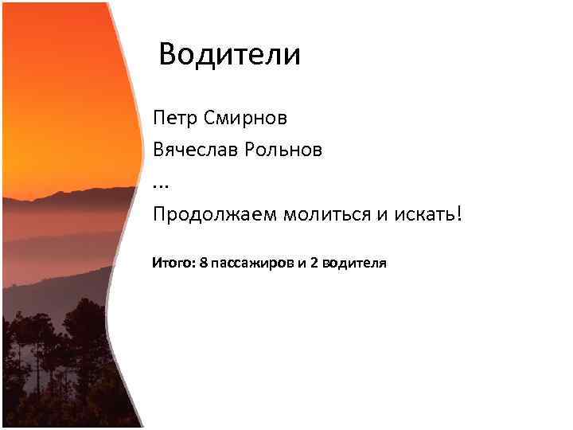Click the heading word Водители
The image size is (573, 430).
(x=229, y=55)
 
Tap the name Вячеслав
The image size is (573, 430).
(x=195, y=150)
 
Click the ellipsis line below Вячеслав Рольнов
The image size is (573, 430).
(x=161, y=185)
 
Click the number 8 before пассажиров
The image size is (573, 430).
(x=205, y=263)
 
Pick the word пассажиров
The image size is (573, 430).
(x=252, y=264)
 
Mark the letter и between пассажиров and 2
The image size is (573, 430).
(x=302, y=264)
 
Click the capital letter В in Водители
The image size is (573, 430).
(x=169, y=55)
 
